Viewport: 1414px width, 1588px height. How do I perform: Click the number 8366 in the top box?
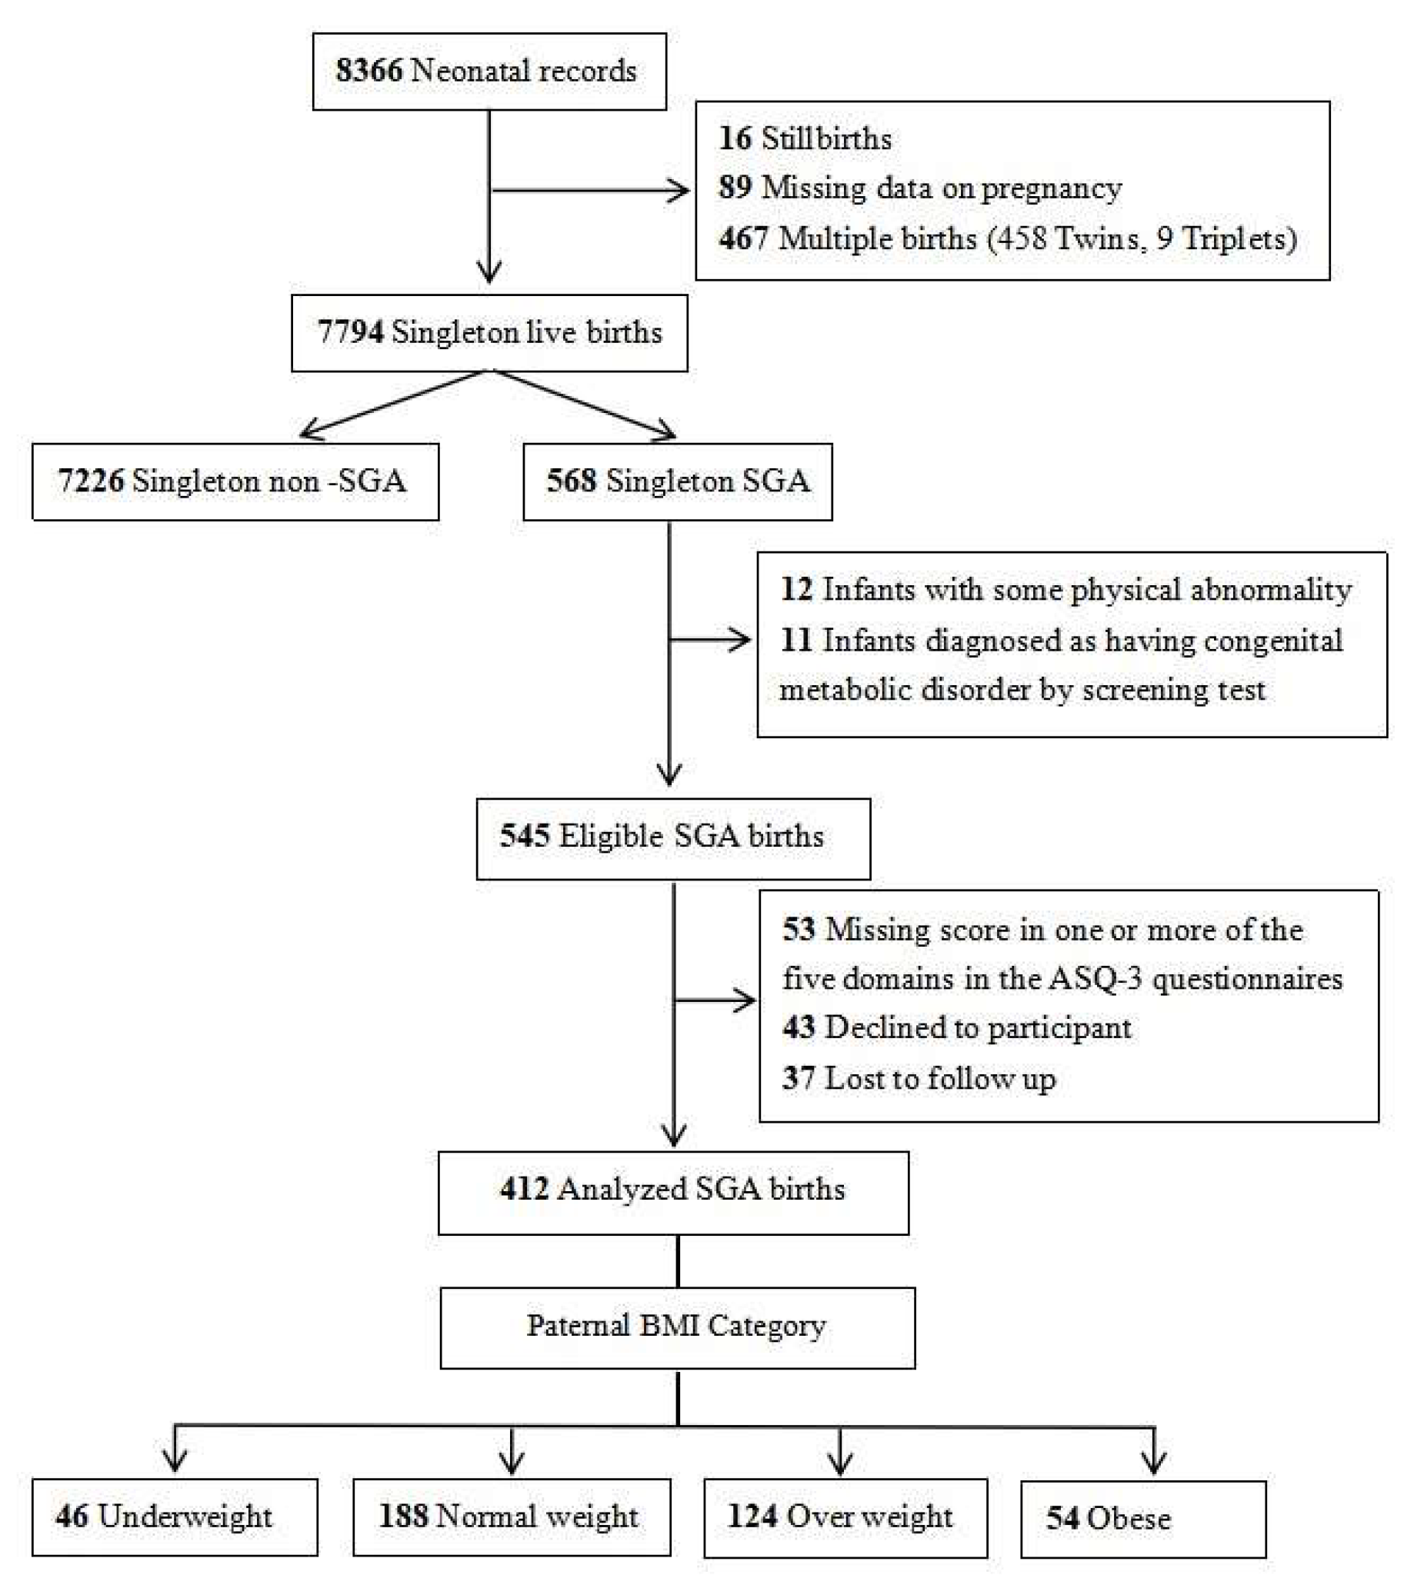pyautogui.click(x=369, y=71)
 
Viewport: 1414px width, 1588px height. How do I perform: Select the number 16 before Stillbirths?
pyautogui.click(x=735, y=138)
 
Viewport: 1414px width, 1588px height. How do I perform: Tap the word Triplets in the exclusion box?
pyautogui.click(x=1234, y=238)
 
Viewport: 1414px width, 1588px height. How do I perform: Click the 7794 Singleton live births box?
pyautogui.click(x=489, y=332)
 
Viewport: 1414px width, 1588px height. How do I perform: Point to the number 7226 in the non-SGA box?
pyautogui.click(x=91, y=481)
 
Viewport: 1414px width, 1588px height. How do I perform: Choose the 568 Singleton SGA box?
pyautogui.click(x=677, y=481)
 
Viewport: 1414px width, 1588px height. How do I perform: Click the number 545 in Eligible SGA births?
pyautogui.click(x=525, y=836)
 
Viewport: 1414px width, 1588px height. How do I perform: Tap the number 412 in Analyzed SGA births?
pyautogui.click(x=525, y=1189)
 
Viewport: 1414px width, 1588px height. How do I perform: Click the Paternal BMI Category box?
pyautogui.click(x=677, y=1326)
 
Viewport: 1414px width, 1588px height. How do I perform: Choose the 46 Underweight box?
pyautogui.click(x=175, y=1516)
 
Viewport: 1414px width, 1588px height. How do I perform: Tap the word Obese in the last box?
pyautogui.click(x=1129, y=1518)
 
